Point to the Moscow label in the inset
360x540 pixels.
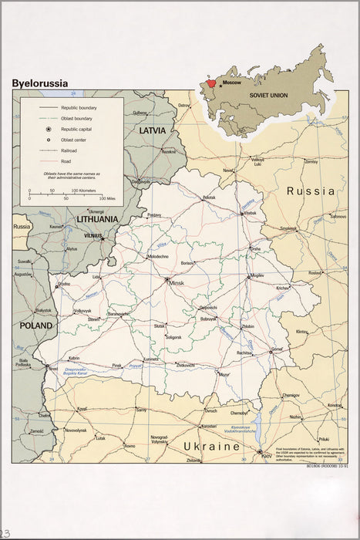click(231, 81)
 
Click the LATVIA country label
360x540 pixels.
click(152, 130)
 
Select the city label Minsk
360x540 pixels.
click(177, 283)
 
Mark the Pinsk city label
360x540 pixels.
click(116, 365)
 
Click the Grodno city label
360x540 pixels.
click(64, 284)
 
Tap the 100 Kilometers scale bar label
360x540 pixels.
click(84, 189)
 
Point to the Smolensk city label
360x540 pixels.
click(288, 229)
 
